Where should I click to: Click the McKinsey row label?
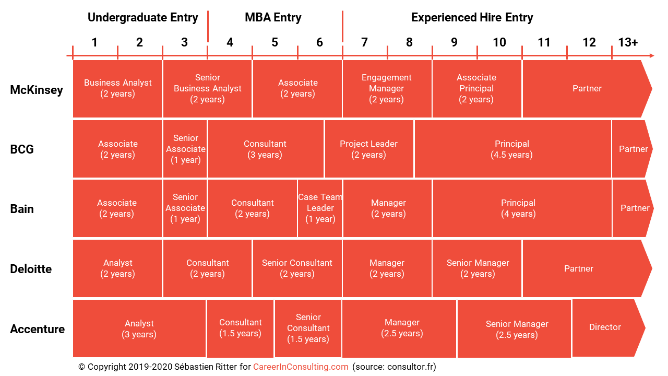tap(37, 90)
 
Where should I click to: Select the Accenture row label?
tap(37, 329)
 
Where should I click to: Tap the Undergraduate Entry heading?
tap(142, 18)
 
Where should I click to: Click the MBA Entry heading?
tap(273, 18)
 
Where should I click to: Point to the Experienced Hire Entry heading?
tap(472, 18)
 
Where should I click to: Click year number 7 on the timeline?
tap(364, 42)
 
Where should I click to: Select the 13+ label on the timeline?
tap(628, 42)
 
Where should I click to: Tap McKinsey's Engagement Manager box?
tap(387, 89)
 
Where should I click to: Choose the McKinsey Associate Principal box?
tap(476, 89)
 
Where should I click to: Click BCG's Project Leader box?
tap(369, 149)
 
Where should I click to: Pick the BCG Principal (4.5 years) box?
tap(512, 149)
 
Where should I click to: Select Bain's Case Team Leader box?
tap(320, 208)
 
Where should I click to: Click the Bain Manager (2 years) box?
tap(387, 208)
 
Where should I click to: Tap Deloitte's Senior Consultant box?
tap(297, 268)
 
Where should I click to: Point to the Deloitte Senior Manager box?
tap(477, 268)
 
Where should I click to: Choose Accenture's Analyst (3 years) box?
tap(139, 328)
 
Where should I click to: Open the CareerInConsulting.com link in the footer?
tap(301, 367)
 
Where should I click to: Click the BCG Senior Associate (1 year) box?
tap(185, 149)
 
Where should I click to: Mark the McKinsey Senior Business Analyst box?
tap(208, 89)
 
